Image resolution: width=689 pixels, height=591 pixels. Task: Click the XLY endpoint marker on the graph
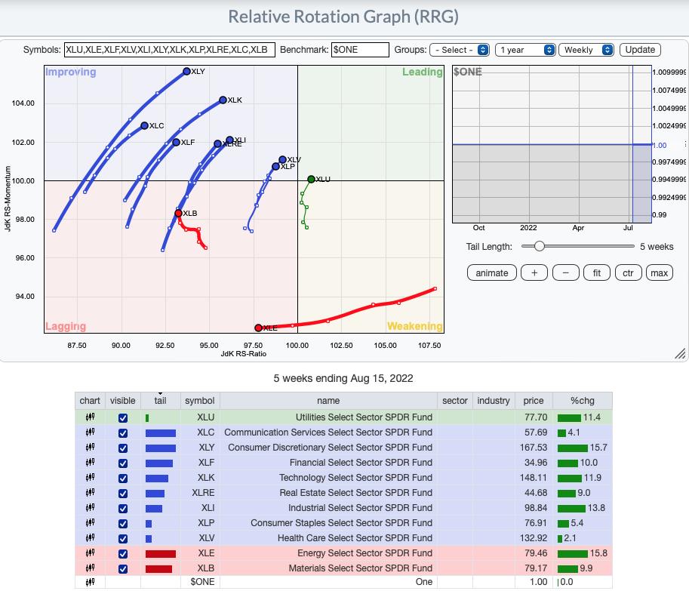pyautogui.click(x=186, y=71)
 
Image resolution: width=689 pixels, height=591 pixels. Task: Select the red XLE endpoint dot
pyautogui.click(x=258, y=328)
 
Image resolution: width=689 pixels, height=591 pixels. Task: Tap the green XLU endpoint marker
pyautogui.click(x=311, y=180)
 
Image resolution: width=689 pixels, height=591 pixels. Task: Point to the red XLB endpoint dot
pyautogui.click(x=178, y=213)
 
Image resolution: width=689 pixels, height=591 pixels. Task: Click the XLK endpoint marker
pyautogui.click(x=223, y=100)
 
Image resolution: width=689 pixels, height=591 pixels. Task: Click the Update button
pyautogui.click(x=640, y=50)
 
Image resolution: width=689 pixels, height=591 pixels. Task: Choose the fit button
pyautogui.click(x=597, y=273)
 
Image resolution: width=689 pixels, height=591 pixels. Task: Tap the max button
pyautogui.click(x=659, y=273)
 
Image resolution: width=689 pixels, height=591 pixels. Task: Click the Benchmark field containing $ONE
pyautogui.click(x=360, y=50)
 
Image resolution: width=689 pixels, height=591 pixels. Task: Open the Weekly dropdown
pyautogui.click(x=586, y=50)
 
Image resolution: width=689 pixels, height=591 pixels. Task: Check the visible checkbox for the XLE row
pyautogui.click(x=123, y=554)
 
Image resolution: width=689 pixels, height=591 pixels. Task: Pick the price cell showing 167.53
pyautogui.click(x=534, y=448)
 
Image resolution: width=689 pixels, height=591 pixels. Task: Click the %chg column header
pyautogui.click(x=583, y=400)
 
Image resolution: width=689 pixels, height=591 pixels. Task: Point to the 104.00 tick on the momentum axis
pyautogui.click(x=23, y=103)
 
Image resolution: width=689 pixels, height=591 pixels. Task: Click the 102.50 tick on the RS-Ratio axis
pyautogui.click(x=341, y=346)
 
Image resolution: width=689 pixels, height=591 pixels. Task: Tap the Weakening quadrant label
pyautogui.click(x=414, y=326)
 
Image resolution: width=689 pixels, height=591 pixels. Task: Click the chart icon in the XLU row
pyautogui.click(x=90, y=417)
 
